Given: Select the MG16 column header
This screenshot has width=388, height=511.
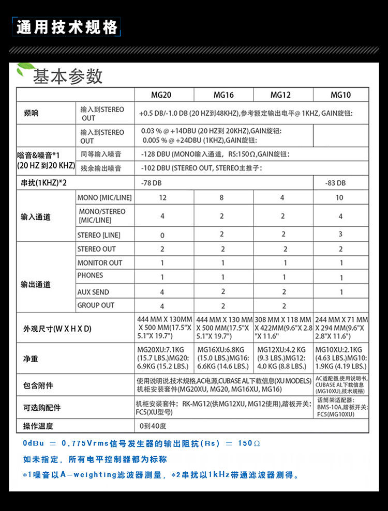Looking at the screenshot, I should [223, 95].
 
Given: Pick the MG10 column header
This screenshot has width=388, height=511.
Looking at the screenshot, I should [340, 95].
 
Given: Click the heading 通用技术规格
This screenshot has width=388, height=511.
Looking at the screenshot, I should [67, 27].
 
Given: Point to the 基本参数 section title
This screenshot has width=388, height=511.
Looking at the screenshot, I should [68, 76].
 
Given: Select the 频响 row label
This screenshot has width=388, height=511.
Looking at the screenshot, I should [31, 114].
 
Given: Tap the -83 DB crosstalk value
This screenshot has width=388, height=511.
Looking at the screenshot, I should [335, 183].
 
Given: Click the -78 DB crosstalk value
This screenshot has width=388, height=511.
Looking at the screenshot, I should [151, 183].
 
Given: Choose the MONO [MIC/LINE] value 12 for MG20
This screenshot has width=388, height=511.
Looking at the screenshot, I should [163, 197].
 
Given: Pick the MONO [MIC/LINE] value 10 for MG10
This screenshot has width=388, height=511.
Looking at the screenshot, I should [340, 197].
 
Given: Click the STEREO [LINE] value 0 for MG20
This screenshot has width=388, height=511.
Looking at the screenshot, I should [162, 235].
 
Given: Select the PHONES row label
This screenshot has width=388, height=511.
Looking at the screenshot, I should [90, 275].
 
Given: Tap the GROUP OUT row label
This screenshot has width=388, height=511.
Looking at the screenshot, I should [96, 305].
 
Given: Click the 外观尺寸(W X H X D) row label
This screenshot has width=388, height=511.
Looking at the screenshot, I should [57, 329].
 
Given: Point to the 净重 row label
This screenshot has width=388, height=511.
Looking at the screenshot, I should [31, 358].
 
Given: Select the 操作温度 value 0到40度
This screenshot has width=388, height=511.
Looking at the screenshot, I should [153, 426].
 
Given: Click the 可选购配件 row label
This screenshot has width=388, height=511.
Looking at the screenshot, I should [42, 408].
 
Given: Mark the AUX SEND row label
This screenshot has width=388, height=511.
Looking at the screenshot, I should [93, 292].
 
